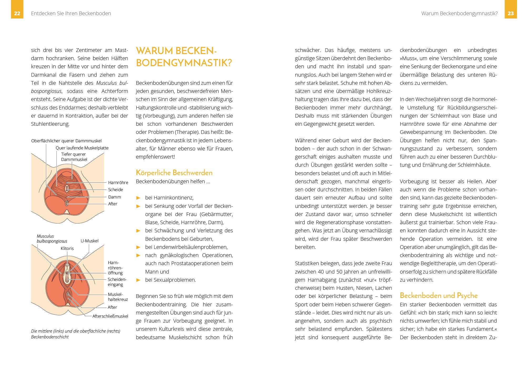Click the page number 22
point(17,13)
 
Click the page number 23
point(511,13)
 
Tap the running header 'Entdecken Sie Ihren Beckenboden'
point(71,13)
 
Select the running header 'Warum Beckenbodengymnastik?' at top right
point(459,13)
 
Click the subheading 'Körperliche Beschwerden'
point(174,173)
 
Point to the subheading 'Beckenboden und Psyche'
point(439,296)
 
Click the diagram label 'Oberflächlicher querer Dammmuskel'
point(66,141)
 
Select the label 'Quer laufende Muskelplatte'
point(82,148)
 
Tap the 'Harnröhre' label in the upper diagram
point(118,182)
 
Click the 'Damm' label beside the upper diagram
point(115,197)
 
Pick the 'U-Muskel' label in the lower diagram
point(89,241)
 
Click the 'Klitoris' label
point(67,248)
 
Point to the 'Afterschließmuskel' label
point(110,316)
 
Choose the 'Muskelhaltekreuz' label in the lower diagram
point(118,297)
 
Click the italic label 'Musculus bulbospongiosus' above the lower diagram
point(52,239)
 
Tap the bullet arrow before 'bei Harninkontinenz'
point(138,198)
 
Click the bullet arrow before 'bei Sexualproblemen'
point(138,280)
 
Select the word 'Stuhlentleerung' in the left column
point(50,124)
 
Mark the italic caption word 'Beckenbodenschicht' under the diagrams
point(50,337)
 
